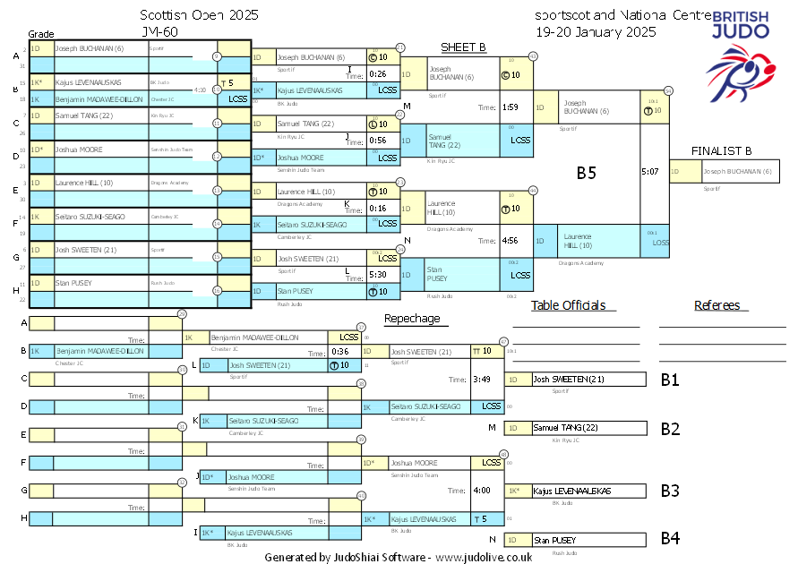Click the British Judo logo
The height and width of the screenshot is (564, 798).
tap(739, 54)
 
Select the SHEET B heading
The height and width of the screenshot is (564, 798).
tap(463, 47)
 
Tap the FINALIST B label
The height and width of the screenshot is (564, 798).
tap(722, 150)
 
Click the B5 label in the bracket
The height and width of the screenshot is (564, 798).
tap(586, 174)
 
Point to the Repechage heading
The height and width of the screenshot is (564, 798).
tap(412, 318)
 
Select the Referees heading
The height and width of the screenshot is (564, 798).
tap(716, 305)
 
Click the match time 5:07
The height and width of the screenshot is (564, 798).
tap(651, 171)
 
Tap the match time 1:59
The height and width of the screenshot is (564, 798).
tap(511, 107)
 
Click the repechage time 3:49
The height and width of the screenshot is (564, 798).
tap(482, 379)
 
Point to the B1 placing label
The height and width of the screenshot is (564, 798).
tap(670, 380)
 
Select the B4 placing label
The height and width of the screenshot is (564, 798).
tap(670, 539)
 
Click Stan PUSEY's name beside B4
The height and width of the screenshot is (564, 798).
tap(554, 540)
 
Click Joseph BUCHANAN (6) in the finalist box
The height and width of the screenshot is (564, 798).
tap(737, 171)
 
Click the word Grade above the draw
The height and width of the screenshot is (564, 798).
tap(40, 31)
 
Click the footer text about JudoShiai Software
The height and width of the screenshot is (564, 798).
tap(399, 557)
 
